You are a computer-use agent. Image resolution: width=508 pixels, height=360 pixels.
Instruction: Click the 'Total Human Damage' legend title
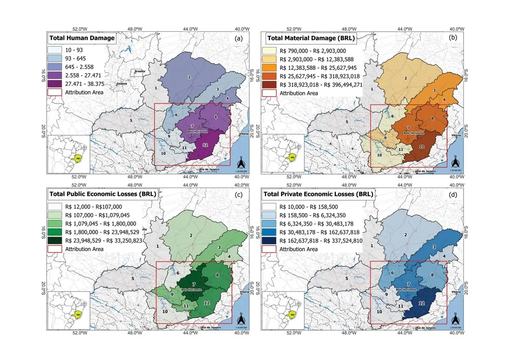[x=82, y=38]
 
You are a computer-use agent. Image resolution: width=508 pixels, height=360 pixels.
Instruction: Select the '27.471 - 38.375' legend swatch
[x=55, y=84]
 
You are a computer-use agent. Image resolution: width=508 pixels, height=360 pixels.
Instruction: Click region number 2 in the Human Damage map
[x=189, y=77]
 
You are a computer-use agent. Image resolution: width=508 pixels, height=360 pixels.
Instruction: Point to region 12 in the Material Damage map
[x=422, y=147]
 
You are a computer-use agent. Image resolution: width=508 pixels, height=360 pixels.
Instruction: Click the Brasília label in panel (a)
[x=140, y=71]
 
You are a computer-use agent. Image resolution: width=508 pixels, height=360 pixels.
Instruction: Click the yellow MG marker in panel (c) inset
[x=77, y=314]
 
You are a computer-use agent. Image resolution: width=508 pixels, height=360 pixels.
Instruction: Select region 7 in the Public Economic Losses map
[x=194, y=283]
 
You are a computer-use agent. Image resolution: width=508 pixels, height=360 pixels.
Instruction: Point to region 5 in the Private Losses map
[x=347, y=278]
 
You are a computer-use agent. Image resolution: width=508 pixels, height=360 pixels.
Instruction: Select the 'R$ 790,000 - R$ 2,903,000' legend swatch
[x=271, y=50]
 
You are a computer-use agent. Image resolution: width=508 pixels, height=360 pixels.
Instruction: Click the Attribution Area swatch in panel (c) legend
[x=55, y=249]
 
